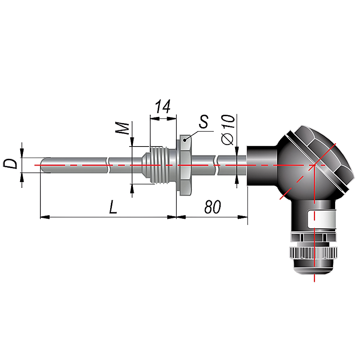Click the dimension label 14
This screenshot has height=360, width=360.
pyautogui.click(x=163, y=107)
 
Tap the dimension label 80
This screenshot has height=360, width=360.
pyautogui.click(x=213, y=207)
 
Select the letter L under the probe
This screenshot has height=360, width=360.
pyautogui.click(x=113, y=207)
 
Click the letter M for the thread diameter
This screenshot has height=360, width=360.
pyautogui.click(x=122, y=129)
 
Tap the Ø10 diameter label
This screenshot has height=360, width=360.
pyautogui.click(x=228, y=130)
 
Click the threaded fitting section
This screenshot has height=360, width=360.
pyautogui.click(x=159, y=165)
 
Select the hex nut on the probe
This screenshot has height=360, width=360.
pyautogui.click(x=185, y=165)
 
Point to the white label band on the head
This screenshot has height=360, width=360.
pyautogui.click(x=321, y=219)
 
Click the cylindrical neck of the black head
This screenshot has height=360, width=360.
pyautogui.click(x=262, y=165)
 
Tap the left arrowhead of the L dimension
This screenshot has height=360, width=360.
pyautogui.click(x=45, y=217)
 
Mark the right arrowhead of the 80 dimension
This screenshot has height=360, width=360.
pyautogui.click(x=243, y=217)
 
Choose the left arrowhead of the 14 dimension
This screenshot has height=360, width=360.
pyautogui.click(x=155, y=118)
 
